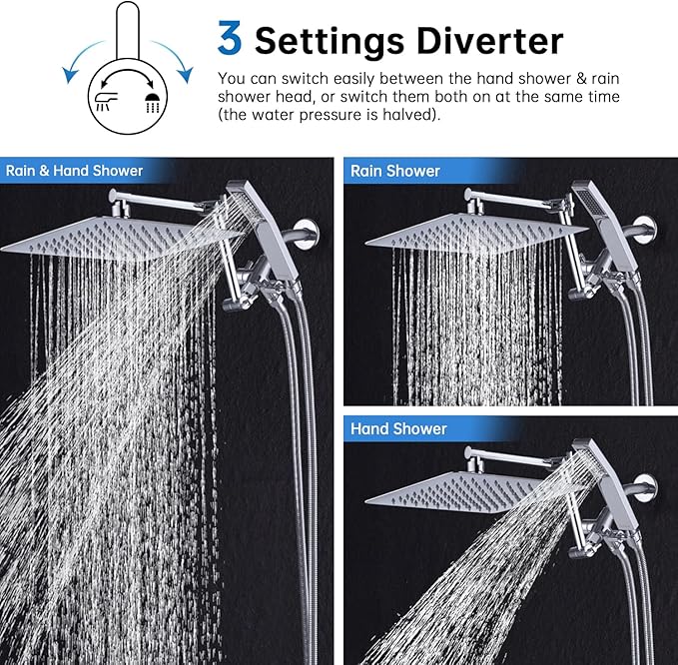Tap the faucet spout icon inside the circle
(x=107, y=101)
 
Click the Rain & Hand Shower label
(x=75, y=171)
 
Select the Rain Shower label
(x=394, y=171)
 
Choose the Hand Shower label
(x=398, y=429)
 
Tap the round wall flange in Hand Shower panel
(x=644, y=486)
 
